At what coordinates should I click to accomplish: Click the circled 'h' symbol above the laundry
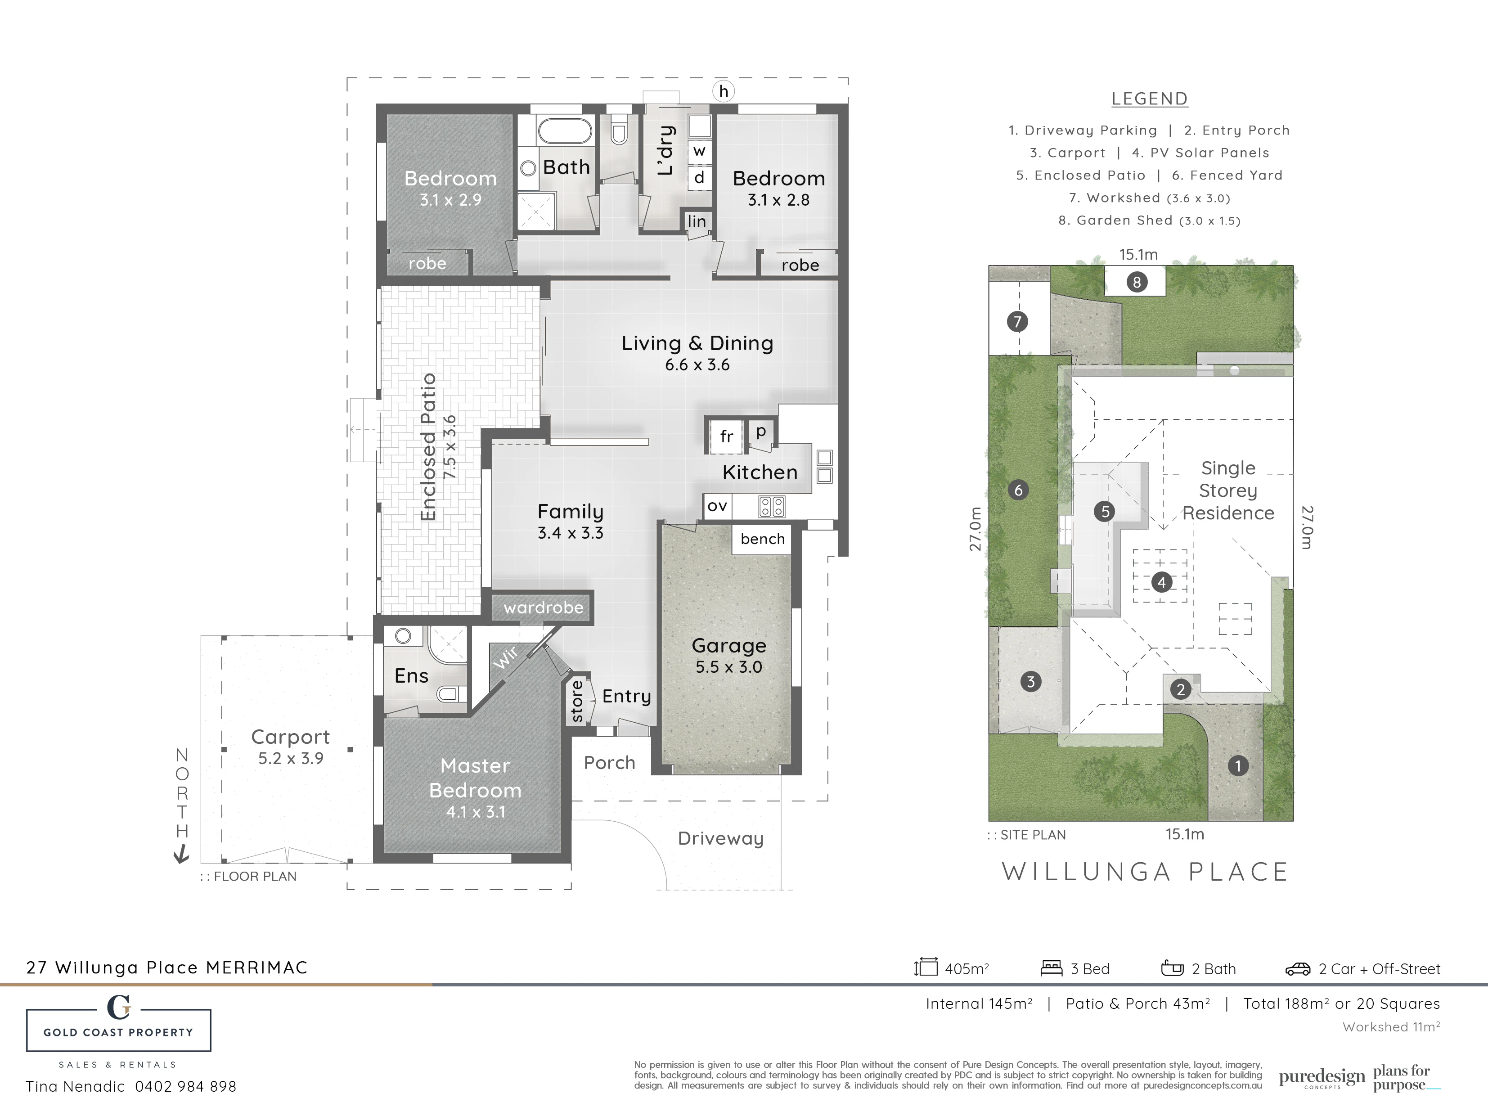(723, 91)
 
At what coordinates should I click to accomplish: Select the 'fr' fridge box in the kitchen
(726, 436)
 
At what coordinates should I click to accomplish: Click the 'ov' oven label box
(717, 505)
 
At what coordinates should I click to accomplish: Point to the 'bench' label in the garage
(762, 539)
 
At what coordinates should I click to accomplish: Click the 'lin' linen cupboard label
(697, 221)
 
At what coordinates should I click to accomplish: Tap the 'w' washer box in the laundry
(700, 151)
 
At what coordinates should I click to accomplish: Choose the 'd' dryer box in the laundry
(700, 178)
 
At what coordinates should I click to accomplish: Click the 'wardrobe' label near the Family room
(544, 607)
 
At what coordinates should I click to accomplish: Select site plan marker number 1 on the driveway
(1238, 765)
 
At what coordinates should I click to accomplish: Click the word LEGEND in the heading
(1150, 99)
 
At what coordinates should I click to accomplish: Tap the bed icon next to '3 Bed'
(1052, 968)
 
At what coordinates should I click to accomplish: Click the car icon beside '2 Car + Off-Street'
(1298, 969)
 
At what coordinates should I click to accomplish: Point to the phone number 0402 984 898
(186, 1086)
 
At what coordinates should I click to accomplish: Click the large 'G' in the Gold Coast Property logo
(118, 1007)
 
